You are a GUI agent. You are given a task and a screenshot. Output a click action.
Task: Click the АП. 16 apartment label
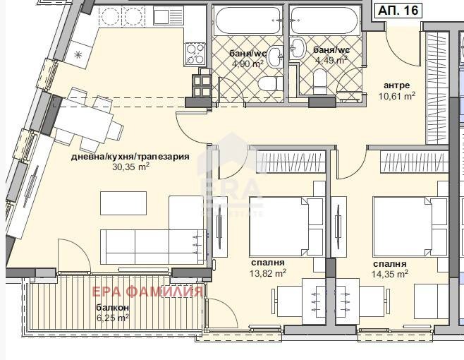pos(398,11)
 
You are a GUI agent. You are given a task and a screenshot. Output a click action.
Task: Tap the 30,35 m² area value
pos(130,167)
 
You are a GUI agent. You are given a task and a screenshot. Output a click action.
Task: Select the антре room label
pos(396,85)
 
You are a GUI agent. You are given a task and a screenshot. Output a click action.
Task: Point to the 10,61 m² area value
pos(397,96)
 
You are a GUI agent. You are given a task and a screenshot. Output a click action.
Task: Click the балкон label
pos(112,308)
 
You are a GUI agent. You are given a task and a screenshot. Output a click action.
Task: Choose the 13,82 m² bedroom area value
pos(268,273)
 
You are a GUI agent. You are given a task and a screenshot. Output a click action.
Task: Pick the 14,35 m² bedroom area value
pos(390,274)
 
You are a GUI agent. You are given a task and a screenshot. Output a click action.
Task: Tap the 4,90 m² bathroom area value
pos(248,64)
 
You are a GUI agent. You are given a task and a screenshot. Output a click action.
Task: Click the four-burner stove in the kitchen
pos(195,54)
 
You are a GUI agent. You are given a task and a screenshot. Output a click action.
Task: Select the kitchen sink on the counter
pos(164,17)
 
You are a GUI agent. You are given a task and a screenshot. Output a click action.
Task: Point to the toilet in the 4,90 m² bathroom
pos(270,83)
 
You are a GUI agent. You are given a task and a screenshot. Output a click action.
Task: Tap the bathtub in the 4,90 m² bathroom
pos(248,20)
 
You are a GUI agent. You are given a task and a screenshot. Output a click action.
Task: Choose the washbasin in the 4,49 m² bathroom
pos(298,48)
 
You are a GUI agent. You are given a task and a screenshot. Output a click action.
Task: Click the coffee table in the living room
pos(123,203)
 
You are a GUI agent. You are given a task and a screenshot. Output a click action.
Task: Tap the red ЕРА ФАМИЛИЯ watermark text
pos(147,292)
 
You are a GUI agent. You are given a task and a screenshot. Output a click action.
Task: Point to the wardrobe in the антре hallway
pos(437,88)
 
